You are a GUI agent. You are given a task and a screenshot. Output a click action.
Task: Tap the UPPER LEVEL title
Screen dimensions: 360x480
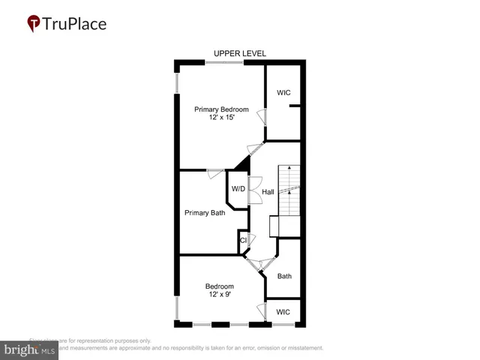(x=240, y=53)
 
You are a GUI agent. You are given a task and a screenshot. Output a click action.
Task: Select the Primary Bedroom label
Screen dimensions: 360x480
(x=221, y=109)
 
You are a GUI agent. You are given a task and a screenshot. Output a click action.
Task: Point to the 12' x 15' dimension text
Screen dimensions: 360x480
(x=221, y=118)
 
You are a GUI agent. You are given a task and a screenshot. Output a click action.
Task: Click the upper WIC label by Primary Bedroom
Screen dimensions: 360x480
(x=283, y=93)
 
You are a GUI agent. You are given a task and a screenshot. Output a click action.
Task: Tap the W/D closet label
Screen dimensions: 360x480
(x=238, y=188)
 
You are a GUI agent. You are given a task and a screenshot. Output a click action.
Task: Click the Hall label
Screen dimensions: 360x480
(x=268, y=192)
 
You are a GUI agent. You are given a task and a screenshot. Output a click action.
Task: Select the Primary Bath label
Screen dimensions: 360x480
(x=205, y=213)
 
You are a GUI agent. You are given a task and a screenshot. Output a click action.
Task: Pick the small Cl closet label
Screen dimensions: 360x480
(x=243, y=241)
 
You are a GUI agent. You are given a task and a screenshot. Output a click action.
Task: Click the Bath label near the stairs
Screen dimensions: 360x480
(x=284, y=276)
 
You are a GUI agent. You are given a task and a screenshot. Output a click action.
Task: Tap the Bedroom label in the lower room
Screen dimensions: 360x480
(x=220, y=286)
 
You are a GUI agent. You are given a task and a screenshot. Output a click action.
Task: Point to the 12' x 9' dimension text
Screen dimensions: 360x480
(x=220, y=295)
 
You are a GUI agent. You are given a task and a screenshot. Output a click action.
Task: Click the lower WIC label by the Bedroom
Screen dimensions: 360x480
(x=283, y=311)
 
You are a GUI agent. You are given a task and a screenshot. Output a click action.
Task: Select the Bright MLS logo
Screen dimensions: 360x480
(x=29, y=349)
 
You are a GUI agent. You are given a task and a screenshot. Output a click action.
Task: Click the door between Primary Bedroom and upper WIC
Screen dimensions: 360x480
(x=262, y=118)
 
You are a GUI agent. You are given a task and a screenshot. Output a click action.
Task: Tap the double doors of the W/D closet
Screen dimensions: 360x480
(x=254, y=188)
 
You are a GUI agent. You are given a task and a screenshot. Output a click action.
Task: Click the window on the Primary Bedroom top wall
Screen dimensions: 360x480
(x=225, y=63)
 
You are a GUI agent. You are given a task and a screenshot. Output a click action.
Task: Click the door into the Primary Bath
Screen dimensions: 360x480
(x=215, y=173)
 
